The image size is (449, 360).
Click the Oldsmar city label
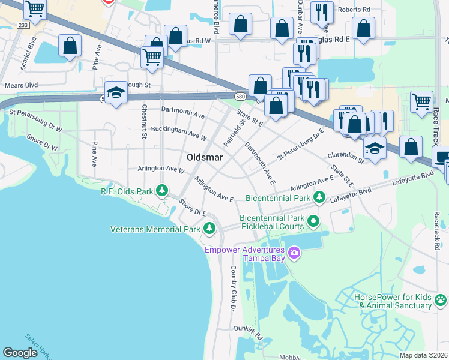point(205,157)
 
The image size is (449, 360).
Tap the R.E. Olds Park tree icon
point(161,191)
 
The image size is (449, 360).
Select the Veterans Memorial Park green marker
point(209,228)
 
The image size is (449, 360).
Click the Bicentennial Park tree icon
point(320,196)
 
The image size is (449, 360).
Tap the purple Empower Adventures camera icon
point(294,253)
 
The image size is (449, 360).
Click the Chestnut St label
point(144,122)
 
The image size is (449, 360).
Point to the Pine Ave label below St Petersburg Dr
point(94,154)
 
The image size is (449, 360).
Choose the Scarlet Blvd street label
point(28,53)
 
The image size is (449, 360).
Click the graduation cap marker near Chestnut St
point(116,92)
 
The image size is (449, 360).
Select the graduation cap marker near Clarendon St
point(375,147)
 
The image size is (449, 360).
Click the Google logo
point(20,353)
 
